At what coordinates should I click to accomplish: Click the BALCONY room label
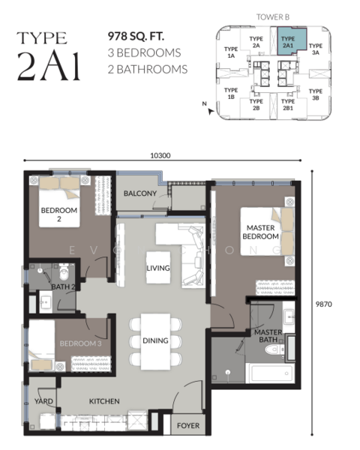tap(140, 193)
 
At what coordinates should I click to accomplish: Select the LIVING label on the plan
tap(157, 266)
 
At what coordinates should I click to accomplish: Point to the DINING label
tap(155, 340)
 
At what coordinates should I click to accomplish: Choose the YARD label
tap(44, 401)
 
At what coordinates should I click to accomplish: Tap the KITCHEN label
tap(104, 401)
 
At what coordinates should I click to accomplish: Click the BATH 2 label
tap(63, 286)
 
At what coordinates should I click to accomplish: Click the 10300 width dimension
tap(160, 155)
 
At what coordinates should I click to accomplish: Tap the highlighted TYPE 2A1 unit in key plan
tap(287, 41)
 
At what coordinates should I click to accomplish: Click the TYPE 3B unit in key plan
tap(315, 94)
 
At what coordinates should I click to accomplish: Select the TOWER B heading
tap(271, 15)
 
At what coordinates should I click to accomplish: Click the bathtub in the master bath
tap(268, 373)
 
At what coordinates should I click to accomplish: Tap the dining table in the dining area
tap(155, 341)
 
